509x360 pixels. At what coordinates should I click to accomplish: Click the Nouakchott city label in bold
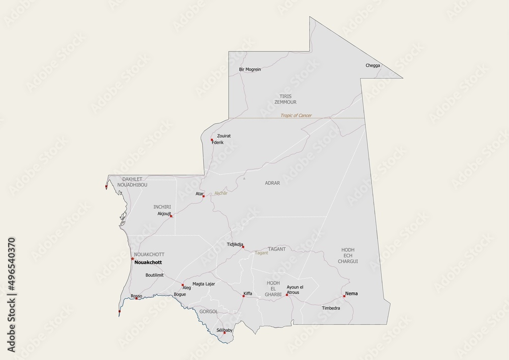tap(148, 262)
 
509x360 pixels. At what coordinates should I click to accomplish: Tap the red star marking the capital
tap(132, 259)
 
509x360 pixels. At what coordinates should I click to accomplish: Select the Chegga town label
tap(373, 65)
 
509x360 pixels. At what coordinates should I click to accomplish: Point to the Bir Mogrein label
tap(249, 69)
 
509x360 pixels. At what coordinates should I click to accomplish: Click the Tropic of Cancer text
tap(296, 116)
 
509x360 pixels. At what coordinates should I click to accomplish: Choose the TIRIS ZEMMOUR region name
tap(285, 99)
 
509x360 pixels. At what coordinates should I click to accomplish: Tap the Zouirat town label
tap(224, 136)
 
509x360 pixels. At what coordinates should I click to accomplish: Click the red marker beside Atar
tap(204, 196)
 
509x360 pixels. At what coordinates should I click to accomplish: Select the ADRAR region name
tap(272, 182)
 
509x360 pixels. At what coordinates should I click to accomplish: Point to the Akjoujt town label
tap(164, 214)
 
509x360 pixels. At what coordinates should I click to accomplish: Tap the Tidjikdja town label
tap(235, 244)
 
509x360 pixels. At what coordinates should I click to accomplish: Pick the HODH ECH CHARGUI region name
tap(348, 255)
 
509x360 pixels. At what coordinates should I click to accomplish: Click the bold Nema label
tap(351, 293)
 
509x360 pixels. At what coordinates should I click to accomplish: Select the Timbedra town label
tap(331, 309)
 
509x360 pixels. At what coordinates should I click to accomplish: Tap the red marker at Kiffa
tap(243, 296)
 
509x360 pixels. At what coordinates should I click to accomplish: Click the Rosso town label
tap(136, 296)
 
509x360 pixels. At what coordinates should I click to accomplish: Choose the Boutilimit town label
tap(154, 275)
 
